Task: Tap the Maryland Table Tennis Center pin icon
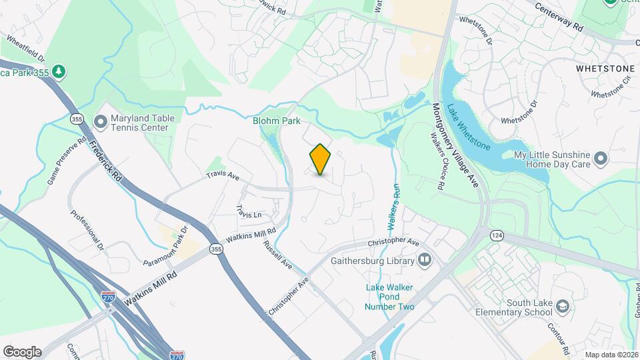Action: click(x=101, y=122)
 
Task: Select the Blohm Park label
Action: click(x=277, y=121)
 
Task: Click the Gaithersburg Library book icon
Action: click(x=425, y=260)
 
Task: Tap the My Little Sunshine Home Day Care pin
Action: click(x=601, y=159)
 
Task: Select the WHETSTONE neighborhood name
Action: click(x=605, y=69)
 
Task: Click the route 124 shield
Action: click(x=496, y=235)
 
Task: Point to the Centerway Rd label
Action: click(x=560, y=16)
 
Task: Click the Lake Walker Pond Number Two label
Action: click(x=390, y=297)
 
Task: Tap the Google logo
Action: click(x=22, y=352)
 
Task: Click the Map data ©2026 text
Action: click(x=610, y=355)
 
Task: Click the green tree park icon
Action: click(x=59, y=71)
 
